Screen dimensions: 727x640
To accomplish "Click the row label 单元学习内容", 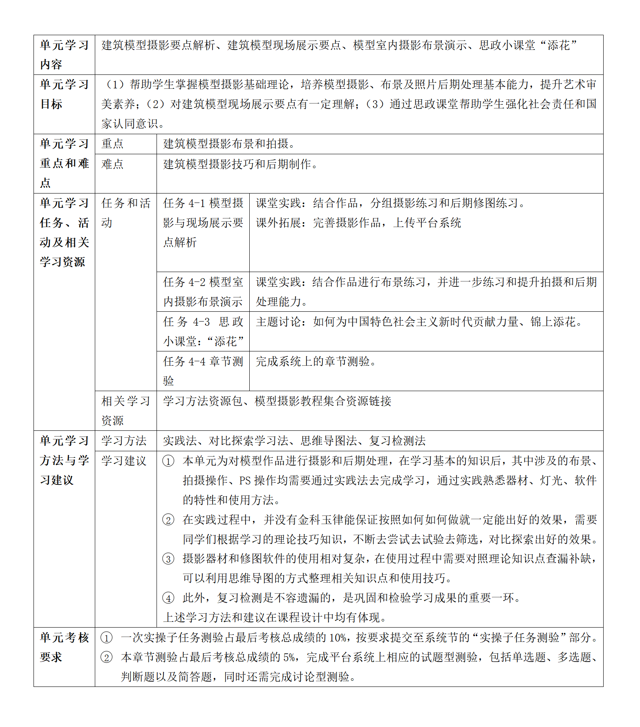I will click(64, 55).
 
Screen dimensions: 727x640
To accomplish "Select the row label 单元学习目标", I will click(64, 95).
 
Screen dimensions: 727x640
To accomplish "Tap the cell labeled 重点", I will click(112, 144).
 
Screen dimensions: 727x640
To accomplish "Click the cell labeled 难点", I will click(112, 164).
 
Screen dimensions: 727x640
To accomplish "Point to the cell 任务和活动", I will click(125, 213).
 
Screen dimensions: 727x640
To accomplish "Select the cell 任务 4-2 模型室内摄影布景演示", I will click(203, 292).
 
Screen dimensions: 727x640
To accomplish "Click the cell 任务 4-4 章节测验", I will click(203, 371).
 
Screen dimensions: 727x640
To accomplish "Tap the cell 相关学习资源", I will click(125, 411).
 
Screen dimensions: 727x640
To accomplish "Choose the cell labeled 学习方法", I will click(124, 441).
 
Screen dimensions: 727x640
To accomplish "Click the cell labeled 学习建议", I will click(124, 461).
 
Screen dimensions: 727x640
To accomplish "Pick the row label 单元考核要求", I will click(64, 647).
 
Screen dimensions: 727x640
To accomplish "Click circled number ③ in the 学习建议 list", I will click(168, 559).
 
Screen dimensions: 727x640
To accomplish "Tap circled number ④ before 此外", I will click(168, 598).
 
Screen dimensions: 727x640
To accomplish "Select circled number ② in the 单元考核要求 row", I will click(106, 657).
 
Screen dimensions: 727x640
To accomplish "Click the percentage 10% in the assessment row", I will click(338, 638).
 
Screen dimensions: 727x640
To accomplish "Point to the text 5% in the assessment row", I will click(289, 657).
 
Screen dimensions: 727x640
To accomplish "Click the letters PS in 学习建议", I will click(245, 480).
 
